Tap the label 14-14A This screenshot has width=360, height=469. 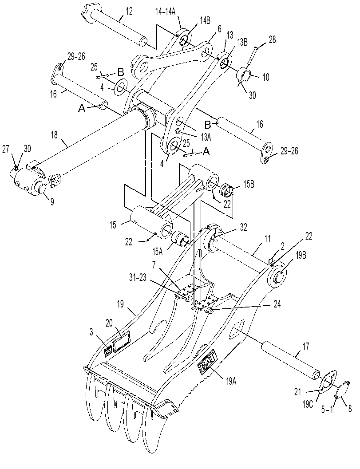click(x=165, y=12)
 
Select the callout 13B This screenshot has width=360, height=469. click(x=242, y=43)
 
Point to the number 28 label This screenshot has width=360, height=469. click(x=272, y=40)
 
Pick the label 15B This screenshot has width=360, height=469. click(x=248, y=184)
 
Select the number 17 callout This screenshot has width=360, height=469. click(x=306, y=347)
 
